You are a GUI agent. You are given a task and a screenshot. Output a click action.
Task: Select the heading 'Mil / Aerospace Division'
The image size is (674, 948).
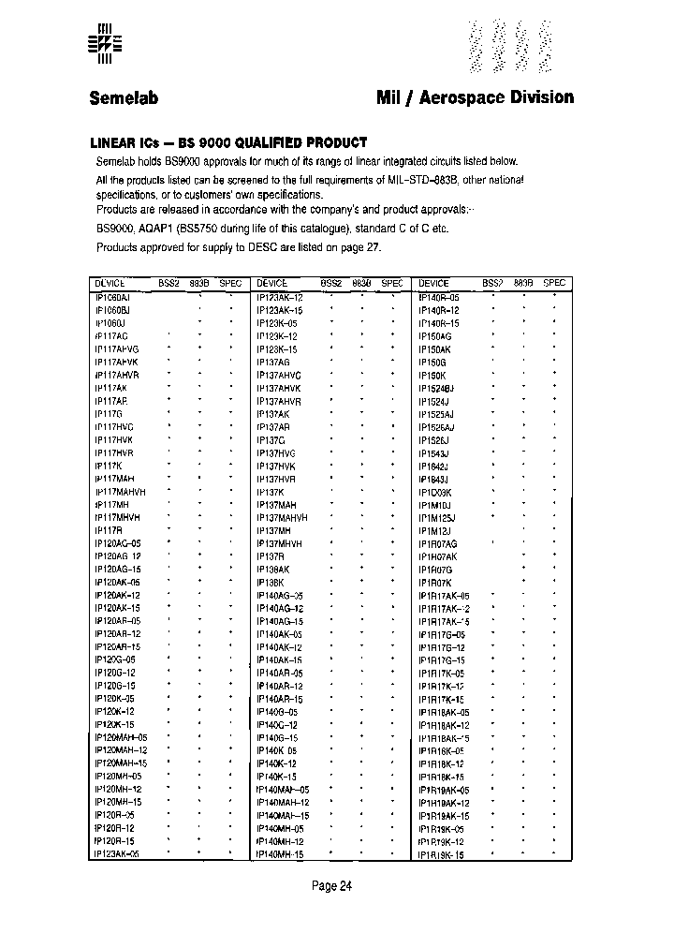click(475, 97)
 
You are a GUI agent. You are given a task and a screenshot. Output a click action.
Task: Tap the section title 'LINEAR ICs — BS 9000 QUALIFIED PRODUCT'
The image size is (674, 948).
click(227, 142)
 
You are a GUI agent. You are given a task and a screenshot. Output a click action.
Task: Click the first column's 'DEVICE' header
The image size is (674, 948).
click(110, 283)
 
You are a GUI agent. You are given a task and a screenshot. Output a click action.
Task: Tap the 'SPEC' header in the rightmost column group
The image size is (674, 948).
click(554, 283)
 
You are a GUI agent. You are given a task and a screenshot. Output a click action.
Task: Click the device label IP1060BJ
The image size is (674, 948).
click(113, 309)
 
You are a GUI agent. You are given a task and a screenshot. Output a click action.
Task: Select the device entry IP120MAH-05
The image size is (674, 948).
click(121, 737)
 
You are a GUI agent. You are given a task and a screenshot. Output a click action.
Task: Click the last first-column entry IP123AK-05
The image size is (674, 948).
click(117, 854)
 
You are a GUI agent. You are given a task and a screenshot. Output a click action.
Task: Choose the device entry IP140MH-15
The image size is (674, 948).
click(280, 854)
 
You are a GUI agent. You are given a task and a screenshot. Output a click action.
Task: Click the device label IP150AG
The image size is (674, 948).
click(435, 335)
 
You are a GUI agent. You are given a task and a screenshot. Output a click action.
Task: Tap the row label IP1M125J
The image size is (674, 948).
click(437, 517)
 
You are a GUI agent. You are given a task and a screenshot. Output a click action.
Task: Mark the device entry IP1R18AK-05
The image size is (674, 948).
click(444, 712)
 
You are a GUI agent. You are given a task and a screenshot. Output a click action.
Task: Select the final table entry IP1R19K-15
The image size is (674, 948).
click(441, 854)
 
